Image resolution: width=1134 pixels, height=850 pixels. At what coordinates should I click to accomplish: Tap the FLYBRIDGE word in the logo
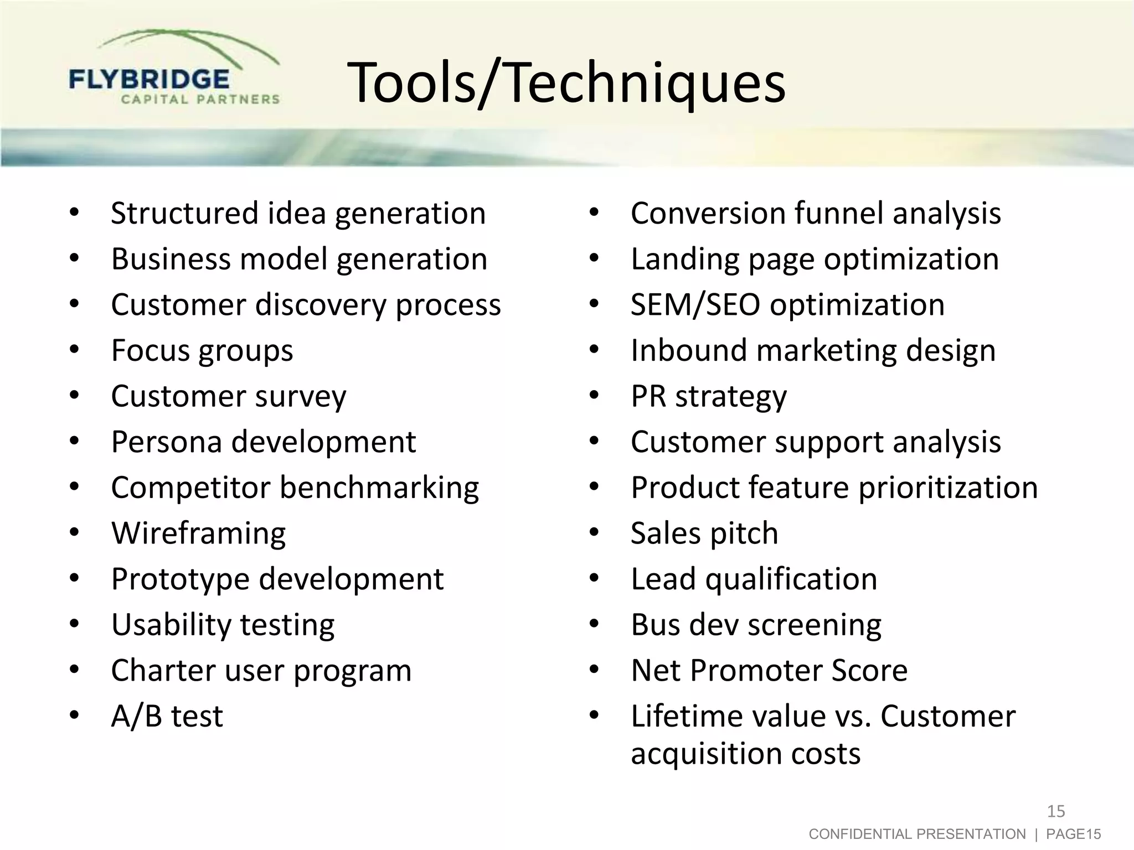click(149, 79)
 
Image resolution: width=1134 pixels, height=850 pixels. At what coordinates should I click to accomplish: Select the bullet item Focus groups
click(202, 351)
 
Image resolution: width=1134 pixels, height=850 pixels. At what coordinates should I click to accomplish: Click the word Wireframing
click(198, 533)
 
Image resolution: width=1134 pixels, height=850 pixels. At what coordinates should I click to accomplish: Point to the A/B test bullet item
click(167, 716)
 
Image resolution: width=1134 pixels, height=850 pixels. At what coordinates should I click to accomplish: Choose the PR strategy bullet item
click(708, 397)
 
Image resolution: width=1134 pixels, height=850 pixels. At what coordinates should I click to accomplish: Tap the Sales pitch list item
click(704, 533)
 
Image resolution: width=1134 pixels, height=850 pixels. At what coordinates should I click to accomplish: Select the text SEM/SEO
click(695, 305)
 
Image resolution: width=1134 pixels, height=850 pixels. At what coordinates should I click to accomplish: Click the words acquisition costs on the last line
click(745, 754)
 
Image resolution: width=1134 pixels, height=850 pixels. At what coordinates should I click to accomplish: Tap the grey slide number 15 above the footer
click(1056, 811)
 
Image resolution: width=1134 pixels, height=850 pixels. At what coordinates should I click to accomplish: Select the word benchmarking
click(379, 488)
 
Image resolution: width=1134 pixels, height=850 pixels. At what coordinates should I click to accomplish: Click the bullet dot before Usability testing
click(75, 625)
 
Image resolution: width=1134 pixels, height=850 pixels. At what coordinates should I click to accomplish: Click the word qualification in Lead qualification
click(791, 579)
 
